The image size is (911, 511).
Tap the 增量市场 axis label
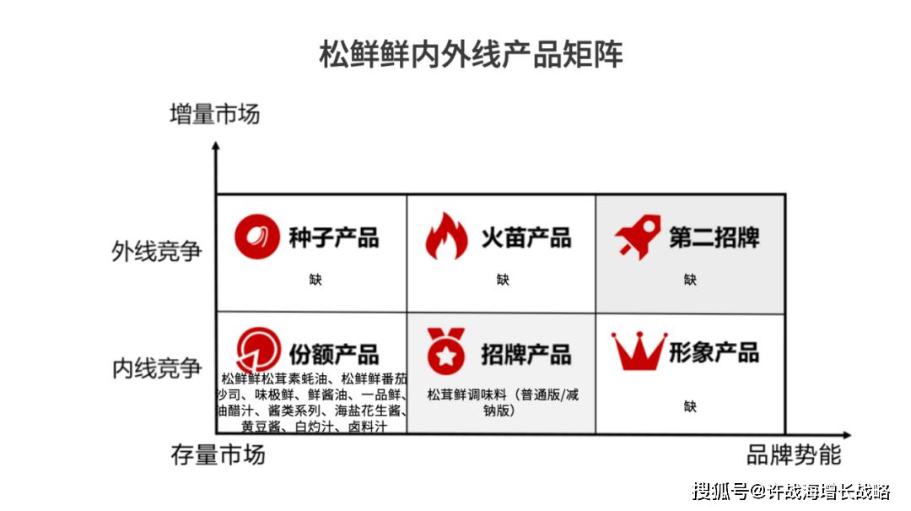(214, 114)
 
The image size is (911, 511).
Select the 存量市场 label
(218, 455)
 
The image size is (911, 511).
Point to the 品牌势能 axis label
(794, 455)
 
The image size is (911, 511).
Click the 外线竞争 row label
(157, 252)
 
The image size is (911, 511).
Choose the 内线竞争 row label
(157, 368)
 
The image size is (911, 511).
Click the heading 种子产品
(333, 237)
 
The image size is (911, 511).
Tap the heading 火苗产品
(526, 237)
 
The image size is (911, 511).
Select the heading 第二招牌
(714, 237)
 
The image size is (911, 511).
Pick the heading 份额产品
(333, 354)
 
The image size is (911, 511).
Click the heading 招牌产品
(526, 354)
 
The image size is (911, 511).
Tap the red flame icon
(445, 236)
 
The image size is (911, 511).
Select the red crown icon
(639, 352)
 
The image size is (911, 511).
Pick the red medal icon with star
(444, 351)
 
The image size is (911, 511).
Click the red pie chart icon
(258, 351)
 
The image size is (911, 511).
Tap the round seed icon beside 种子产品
(256, 236)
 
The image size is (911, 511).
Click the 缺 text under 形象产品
(690, 406)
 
